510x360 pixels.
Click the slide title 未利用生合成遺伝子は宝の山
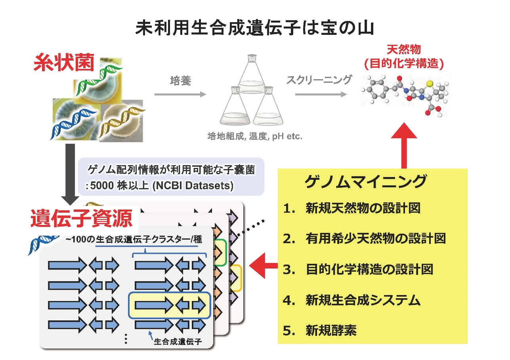(255, 29)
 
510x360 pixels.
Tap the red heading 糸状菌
(63, 64)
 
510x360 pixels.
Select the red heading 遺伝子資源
(81, 219)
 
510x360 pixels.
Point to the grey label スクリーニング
(319, 80)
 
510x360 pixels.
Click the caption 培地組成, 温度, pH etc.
(255, 137)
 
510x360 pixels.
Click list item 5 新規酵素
(331, 330)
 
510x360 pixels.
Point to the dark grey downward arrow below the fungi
(70, 170)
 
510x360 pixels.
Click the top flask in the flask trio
(250, 75)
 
